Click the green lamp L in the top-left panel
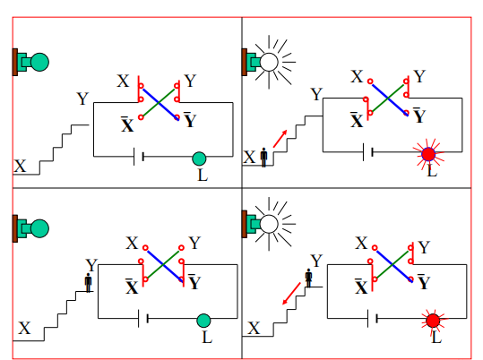[199, 159]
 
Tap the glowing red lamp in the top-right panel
[428, 154]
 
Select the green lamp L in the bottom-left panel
[203, 321]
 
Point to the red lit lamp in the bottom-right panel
[433, 321]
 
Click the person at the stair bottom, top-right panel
[263, 158]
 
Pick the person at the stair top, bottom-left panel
[89, 283]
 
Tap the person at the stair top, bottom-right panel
[308, 279]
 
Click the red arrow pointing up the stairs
[280, 139]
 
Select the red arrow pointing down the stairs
[291, 294]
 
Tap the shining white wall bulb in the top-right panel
[269, 62]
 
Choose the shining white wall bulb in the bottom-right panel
[269, 224]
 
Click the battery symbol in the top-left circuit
[139, 157]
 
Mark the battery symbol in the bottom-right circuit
[373, 319]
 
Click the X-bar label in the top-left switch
[127, 124]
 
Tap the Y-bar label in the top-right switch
[419, 116]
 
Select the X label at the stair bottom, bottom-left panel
[24, 328]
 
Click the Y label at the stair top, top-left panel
[82, 99]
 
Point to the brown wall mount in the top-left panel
[14, 62]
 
